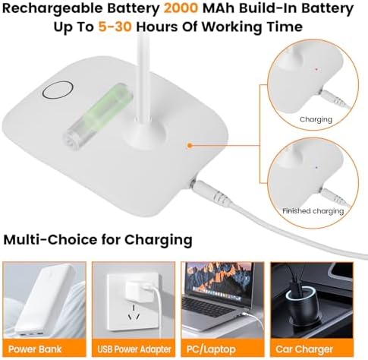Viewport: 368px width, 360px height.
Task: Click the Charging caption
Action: click(316, 120)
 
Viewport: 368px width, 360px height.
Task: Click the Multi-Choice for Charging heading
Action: click(97, 240)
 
